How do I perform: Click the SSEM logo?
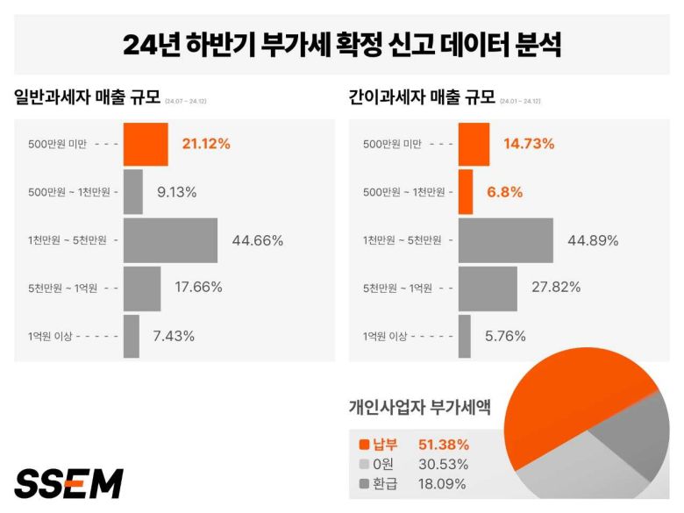68,483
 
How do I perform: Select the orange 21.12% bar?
145,145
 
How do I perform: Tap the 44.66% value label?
257,240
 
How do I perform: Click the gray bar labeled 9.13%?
133,192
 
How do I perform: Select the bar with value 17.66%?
142,288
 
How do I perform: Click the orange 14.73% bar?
474,145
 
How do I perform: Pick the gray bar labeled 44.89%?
505,240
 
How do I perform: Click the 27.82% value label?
556,288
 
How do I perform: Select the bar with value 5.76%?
465,336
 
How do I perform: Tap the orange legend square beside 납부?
365,445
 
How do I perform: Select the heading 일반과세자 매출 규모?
88,97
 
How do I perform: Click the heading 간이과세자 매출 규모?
422,97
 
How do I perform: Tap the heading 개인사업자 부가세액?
419,407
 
